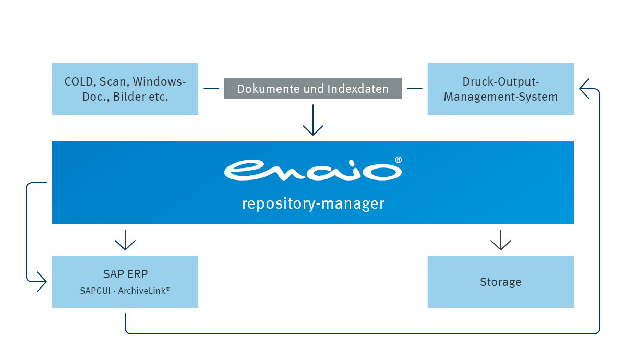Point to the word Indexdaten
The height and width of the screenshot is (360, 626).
click(x=358, y=89)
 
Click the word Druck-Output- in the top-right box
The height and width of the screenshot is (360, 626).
click(x=500, y=82)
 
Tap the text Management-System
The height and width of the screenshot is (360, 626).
click(x=500, y=97)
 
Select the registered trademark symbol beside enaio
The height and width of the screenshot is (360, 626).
click(x=398, y=160)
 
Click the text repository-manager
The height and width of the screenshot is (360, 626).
click(x=313, y=203)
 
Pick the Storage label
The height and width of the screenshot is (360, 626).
click(x=500, y=282)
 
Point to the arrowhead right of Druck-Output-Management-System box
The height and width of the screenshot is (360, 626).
click(x=585, y=83)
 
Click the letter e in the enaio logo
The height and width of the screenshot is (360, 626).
click(x=245, y=170)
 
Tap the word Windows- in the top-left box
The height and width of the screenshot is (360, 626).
click(x=159, y=82)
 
